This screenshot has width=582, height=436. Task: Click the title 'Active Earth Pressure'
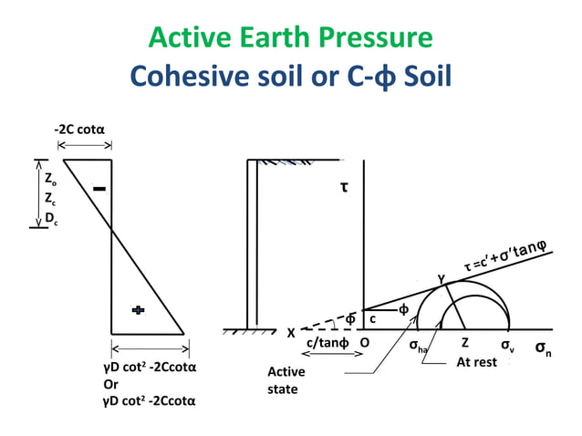(290, 37)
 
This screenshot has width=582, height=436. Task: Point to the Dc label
(52, 217)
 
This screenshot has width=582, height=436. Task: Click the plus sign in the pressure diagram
(138, 311)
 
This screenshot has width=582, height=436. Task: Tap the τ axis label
(345, 188)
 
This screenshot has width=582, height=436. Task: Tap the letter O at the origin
(364, 344)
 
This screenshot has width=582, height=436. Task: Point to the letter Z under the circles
(464, 344)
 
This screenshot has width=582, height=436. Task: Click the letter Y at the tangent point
(441, 277)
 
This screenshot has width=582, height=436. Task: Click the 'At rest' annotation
(476, 362)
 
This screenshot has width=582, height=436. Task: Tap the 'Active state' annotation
(286, 380)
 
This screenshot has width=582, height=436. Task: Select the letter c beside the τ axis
(372, 319)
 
